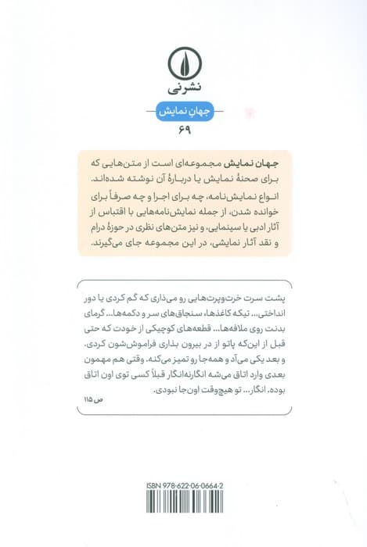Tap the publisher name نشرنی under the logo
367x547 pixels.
tap(184, 88)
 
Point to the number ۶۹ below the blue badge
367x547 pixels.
tap(184, 130)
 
